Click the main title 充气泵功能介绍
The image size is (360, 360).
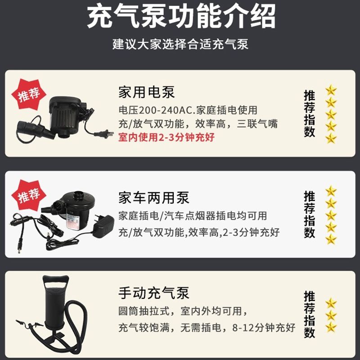pyautogui.click(x=181, y=17)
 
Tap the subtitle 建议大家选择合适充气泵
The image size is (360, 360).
pyautogui.click(x=180, y=44)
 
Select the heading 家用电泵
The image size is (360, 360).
pyautogui.click(x=147, y=92)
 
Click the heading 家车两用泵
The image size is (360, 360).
pyautogui.click(x=154, y=198)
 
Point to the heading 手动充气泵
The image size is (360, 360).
pyautogui.click(x=154, y=293)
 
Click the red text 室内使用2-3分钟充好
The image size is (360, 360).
pyautogui.click(x=166, y=137)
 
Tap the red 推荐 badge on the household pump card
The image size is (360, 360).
pyautogui.click(x=29, y=94)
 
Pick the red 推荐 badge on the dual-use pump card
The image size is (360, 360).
pyautogui.click(x=29, y=195)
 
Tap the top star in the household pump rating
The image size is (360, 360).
pyautogui.click(x=331, y=90)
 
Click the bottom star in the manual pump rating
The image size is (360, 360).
pyautogui.click(x=331, y=327)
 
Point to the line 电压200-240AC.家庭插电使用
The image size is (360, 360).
pyautogui.click(x=188, y=110)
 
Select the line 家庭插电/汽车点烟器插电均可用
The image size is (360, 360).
pyautogui.click(x=193, y=216)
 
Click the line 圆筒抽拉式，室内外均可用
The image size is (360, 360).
pyautogui.click(x=183, y=311)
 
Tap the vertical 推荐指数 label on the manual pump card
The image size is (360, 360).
pyautogui.click(x=309, y=314)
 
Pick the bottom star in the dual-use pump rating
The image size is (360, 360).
pyautogui.click(x=331, y=239)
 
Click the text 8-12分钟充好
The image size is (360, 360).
pyautogui.click(x=264, y=328)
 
